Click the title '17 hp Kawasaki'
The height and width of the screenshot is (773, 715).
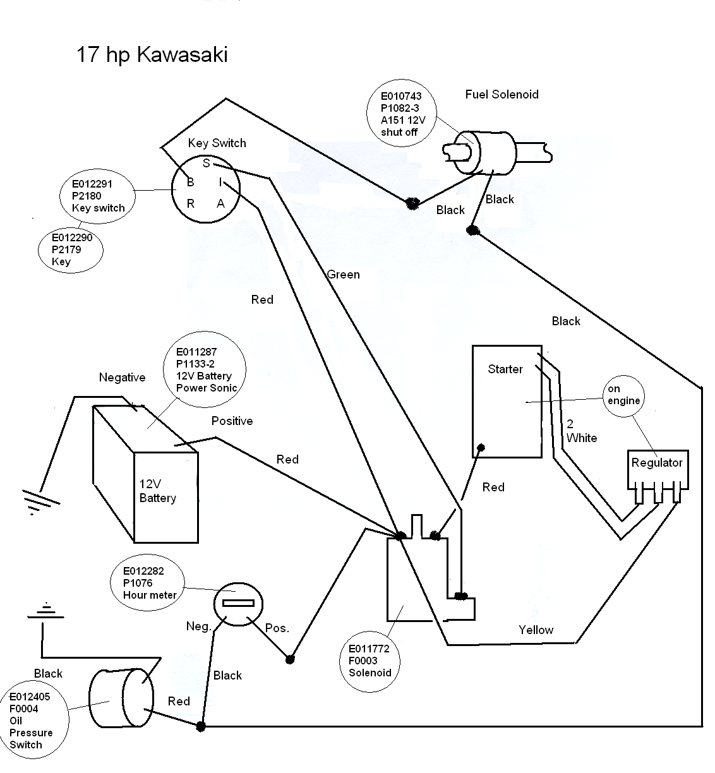[152, 54]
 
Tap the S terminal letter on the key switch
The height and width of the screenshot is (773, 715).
[207, 163]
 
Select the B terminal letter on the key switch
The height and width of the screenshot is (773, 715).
[190, 182]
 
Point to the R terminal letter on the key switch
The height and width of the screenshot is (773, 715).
[190, 203]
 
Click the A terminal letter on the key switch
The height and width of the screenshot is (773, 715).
[221, 203]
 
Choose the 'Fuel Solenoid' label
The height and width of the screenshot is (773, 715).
[502, 94]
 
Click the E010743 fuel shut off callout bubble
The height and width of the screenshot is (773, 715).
[402, 114]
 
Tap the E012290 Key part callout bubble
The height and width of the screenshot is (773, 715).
[71, 250]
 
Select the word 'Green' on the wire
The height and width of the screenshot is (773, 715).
[343, 275]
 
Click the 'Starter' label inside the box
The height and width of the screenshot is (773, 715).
[505, 369]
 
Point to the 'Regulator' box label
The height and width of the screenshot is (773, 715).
[657, 463]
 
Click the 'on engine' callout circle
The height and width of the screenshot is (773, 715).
[623, 396]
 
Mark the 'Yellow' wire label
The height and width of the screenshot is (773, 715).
[536, 630]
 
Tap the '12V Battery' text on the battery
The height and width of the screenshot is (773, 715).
[157, 491]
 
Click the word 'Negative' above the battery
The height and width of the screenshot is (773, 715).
[122, 377]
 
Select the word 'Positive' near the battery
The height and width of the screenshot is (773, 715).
[232, 421]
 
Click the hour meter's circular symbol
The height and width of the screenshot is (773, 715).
[238, 604]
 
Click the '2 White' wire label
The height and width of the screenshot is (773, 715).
[582, 431]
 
